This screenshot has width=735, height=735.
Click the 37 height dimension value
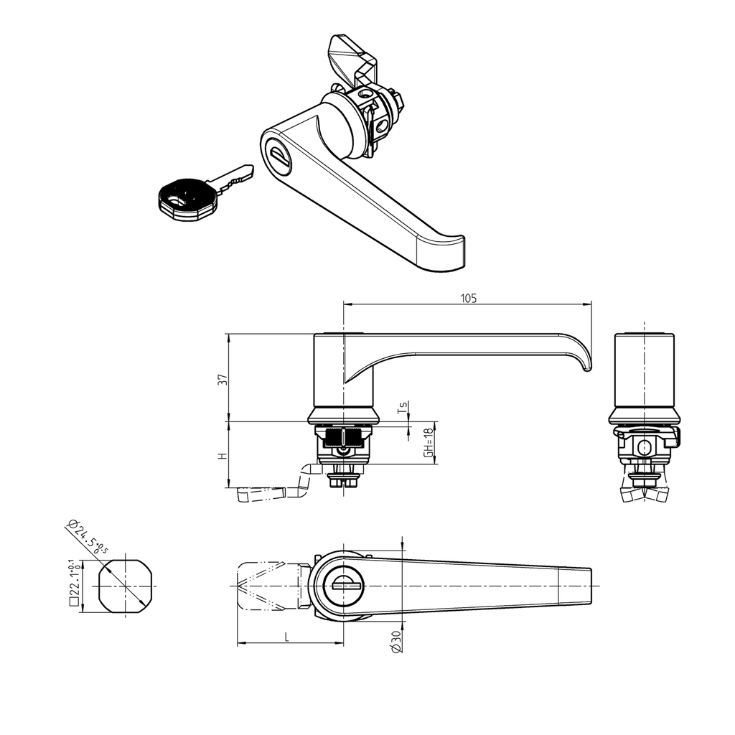222,379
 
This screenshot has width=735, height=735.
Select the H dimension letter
223,455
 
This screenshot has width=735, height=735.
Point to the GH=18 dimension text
428,442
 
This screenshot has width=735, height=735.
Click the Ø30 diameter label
397,641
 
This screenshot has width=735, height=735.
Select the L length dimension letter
286,636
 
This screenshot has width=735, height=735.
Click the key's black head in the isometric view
185,201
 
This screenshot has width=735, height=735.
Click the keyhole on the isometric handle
279,157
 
